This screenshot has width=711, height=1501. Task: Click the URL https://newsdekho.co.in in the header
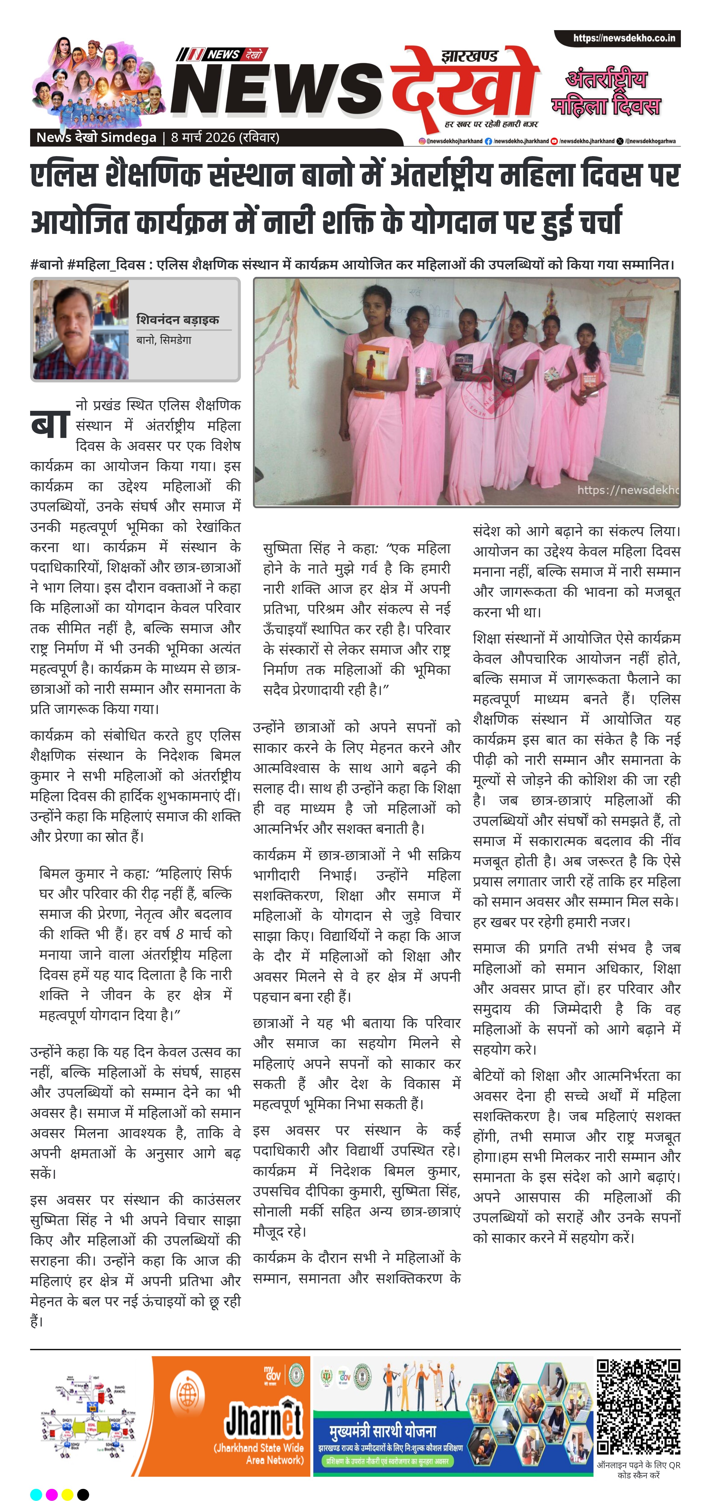click(624, 39)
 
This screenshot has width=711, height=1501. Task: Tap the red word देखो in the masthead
click(463, 87)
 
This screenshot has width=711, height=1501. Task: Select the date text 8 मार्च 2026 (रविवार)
click(225, 137)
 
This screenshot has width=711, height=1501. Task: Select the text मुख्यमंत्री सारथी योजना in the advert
click(383, 1432)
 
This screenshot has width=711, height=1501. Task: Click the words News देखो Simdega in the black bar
click(96, 137)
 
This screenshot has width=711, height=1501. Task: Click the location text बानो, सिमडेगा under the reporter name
click(164, 340)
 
